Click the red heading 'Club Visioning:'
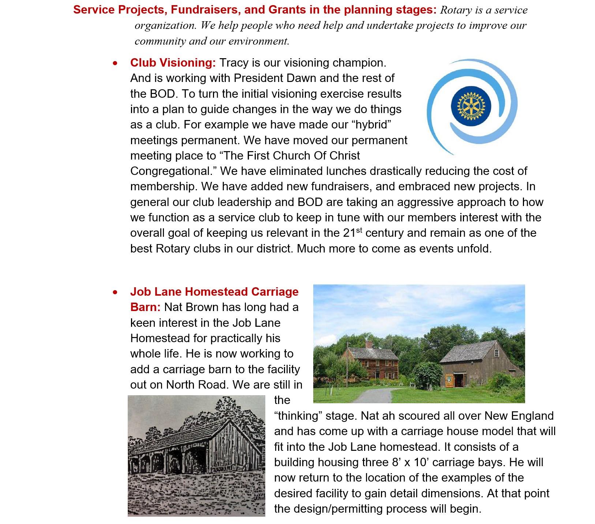(173, 63)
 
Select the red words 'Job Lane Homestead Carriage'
(214, 292)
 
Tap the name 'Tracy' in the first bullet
(234, 63)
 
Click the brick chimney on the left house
(369, 344)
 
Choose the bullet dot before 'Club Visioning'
(116, 63)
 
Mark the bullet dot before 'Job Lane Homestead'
(116, 292)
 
